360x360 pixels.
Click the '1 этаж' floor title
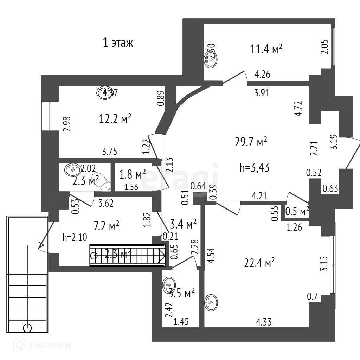tap(118, 43)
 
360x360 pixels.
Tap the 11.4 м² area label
tap(266, 49)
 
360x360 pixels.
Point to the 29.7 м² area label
tap(251, 142)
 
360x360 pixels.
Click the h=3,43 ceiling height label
tap(254, 168)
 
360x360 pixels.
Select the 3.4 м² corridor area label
tap(183, 224)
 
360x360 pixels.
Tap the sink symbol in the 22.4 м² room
tap(211, 302)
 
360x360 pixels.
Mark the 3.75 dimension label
tap(110, 152)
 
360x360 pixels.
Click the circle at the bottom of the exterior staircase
tap(27, 328)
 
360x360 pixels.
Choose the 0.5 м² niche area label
tap(297, 211)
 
